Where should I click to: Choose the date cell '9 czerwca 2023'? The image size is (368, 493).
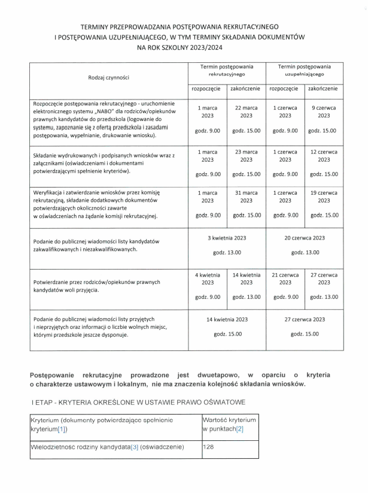coord(324,111)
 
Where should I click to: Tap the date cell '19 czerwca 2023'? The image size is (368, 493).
coord(324,195)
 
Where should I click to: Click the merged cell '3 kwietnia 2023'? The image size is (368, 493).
coord(227,238)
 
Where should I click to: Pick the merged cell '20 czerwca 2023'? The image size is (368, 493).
coord(305,238)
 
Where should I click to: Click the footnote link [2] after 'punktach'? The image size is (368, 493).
coord(240,430)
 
